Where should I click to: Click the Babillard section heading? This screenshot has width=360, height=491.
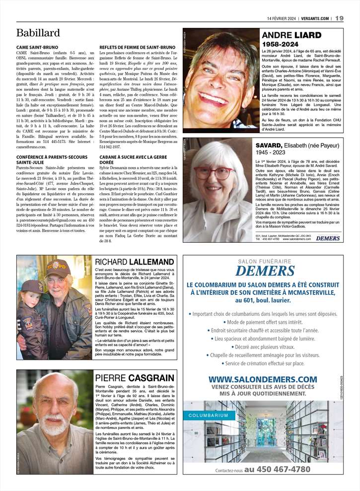point(38,33)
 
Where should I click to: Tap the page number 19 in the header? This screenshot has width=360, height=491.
point(339,18)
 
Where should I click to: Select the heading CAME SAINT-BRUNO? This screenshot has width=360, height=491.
point(37,47)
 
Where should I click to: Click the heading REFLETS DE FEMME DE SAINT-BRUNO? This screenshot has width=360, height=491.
point(137,47)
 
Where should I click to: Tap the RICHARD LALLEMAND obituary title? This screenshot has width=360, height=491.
point(134,262)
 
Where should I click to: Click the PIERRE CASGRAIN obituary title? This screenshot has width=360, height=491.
point(134,378)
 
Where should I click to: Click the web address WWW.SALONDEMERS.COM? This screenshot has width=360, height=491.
point(262,380)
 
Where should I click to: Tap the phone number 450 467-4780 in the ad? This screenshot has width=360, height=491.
point(278,469)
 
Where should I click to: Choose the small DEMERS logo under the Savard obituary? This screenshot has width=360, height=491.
point(328,238)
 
